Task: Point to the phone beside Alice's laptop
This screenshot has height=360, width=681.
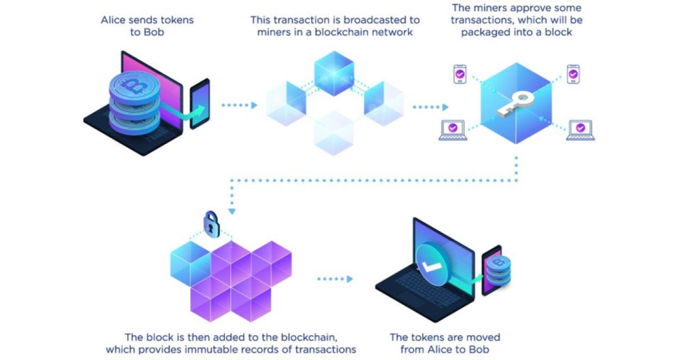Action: coord(200,103)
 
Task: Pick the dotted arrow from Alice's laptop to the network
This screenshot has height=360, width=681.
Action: coord(239,105)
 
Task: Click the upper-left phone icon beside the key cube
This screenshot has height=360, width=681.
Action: coord(460,74)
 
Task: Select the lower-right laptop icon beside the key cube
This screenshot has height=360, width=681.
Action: coord(580,130)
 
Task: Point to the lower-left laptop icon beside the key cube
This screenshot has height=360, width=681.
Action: coord(453,130)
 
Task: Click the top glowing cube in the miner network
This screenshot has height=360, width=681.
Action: coord(334,71)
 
